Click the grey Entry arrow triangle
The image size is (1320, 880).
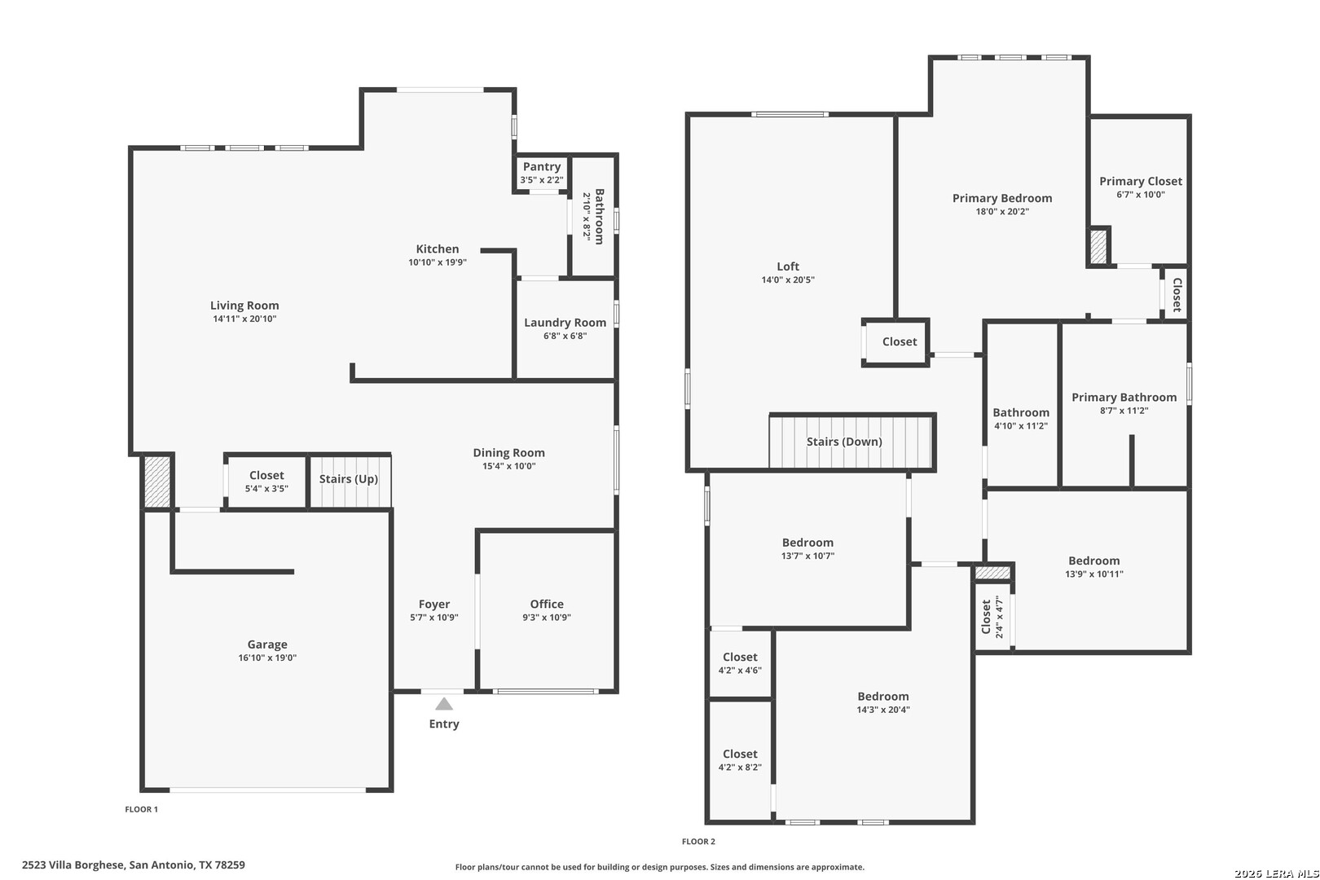(444, 704)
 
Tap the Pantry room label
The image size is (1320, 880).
(542, 167)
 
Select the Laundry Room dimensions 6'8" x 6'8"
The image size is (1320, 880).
(565, 336)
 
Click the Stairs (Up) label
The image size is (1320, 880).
(349, 478)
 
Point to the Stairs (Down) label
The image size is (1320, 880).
(844, 442)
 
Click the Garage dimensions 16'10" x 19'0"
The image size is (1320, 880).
(267, 658)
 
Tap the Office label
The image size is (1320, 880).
(547, 604)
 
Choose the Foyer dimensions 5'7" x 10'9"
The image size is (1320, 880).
(434, 618)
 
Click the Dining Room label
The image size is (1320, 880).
(509, 453)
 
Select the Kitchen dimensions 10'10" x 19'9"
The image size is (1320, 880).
(438, 262)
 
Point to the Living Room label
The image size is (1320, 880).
(244, 306)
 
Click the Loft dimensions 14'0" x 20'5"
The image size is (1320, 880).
(788, 280)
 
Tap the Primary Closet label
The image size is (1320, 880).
(1141, 182)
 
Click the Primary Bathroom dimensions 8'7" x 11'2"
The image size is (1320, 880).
(1124, 411)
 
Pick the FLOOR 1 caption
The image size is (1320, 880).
(142, 809)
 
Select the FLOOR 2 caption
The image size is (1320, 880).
(699, 842)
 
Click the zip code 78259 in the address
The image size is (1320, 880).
(230, 865)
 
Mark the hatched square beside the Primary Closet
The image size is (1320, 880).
(1098, 246)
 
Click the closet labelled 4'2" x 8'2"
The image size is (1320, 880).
(740, 759)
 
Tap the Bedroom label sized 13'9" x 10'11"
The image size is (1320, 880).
(1094, 561)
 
